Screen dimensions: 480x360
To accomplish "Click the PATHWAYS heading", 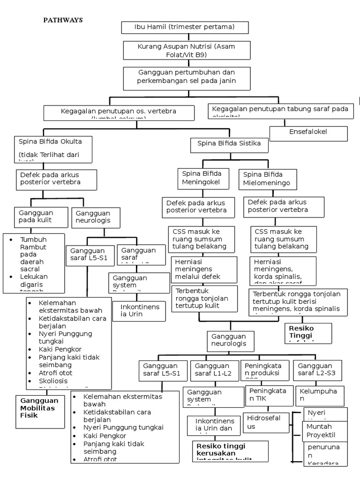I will tap(63, 20).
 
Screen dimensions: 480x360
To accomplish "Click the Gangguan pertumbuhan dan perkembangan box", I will tap(186, 77).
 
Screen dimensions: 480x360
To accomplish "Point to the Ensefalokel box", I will tap(308, 133).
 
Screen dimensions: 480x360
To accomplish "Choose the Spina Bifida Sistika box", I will tap(229, 144).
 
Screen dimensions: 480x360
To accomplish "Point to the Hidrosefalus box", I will tap(266, 422).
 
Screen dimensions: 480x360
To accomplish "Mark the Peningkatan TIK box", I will tap(266, 395).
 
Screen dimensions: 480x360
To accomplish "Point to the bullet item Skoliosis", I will tap(54, 381).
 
